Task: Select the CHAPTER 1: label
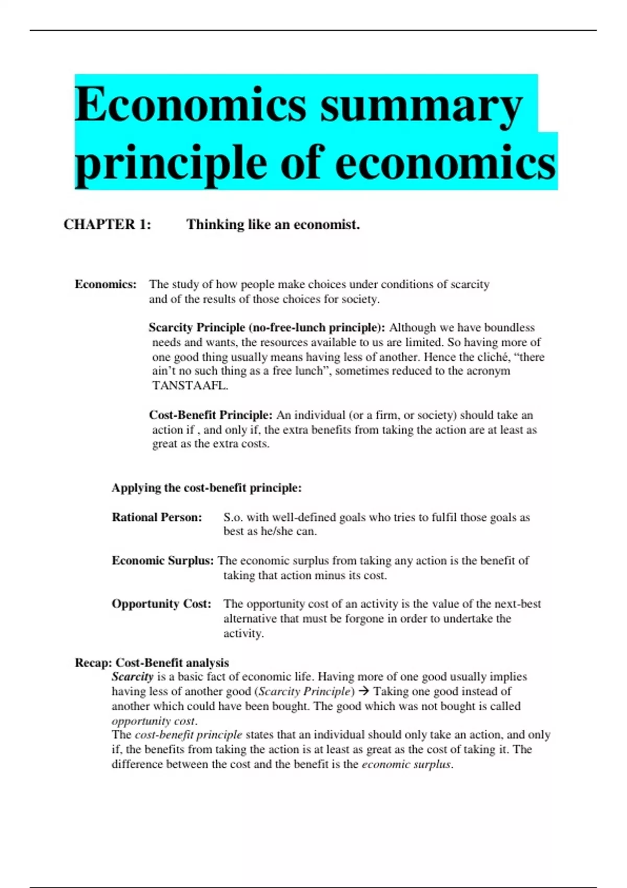click(x=107, y=225)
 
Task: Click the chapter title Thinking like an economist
click(x=273, y=225)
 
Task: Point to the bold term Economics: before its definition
click(x=106, y=284)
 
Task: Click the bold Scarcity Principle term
click(x=196, y=328)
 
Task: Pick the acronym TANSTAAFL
click(x=190, y=386)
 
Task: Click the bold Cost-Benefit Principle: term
click(x=211, y=415)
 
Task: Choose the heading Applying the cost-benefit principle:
click(x=206, y=488)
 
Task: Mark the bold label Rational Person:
click(x=157, y=517)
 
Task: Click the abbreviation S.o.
click(x=233, y=517)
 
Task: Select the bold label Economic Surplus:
click(x=162, y=560)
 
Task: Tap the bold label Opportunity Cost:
click(x=161, y=604)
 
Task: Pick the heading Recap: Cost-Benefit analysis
click(x=152, y=663)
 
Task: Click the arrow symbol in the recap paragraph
click(x=364, y=691)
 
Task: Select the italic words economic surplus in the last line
click(x=407, y=764)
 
